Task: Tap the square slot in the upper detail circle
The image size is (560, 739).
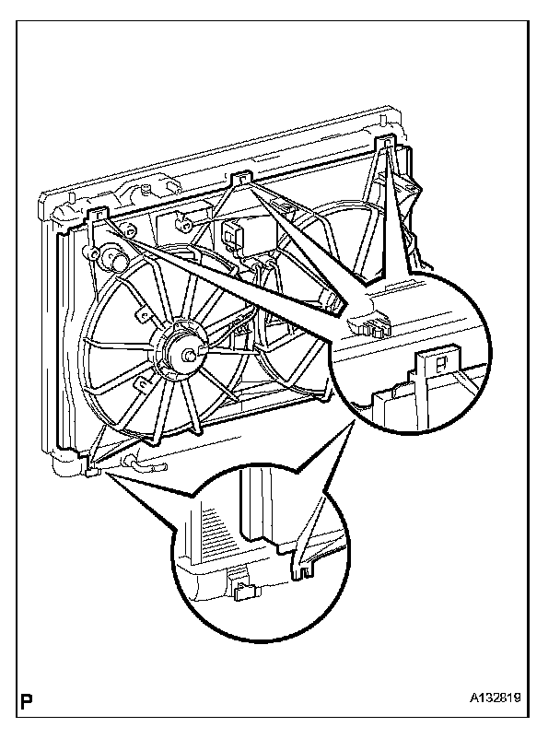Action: click(440, 364)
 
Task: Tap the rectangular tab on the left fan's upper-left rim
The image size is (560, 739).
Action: click(140, 314)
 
